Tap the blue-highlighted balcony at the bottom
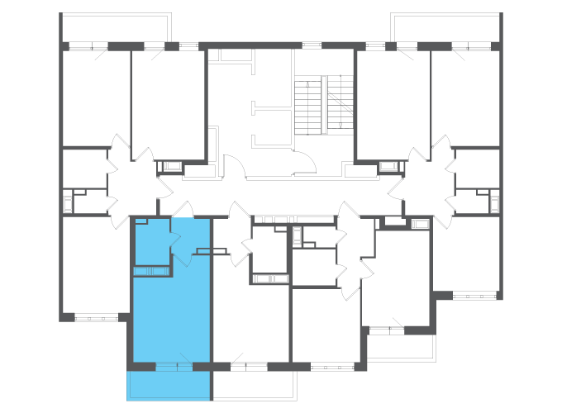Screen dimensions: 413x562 (x=169, y=384)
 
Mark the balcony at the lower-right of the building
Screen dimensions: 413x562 (x=400, y=347)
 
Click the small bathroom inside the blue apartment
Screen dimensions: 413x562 (x=151, y=239)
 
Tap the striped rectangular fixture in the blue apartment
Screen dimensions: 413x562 (x=151, y=272)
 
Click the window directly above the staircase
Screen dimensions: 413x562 (x=312, y=45)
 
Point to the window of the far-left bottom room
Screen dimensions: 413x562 (x=97, y=316)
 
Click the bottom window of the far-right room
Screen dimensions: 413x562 (x=474, y=294)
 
